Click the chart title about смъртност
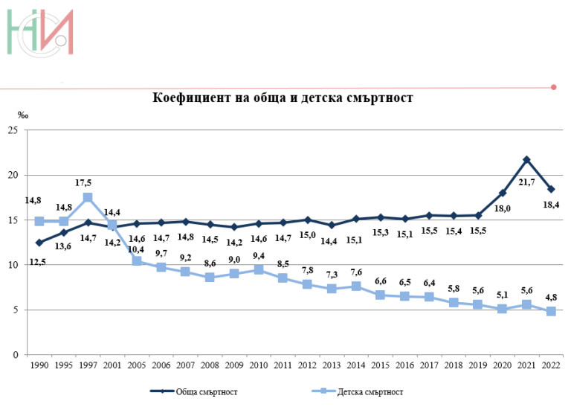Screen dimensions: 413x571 pyautogui.click(x=283, y=98)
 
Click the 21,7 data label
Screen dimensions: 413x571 pyautogui.click(x=527, y=182)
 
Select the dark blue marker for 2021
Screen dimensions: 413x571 pyautogui.click(x=526, y=159)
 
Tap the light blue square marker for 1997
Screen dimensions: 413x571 pyautogui.click(x=88, y=197)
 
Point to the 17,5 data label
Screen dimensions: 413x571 pyautogui.click(x=83, y=182)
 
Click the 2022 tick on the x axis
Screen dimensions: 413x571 pyautogui.click(x=551, y=366)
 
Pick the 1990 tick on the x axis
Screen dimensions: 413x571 pyautogui.click(x=39, y=366)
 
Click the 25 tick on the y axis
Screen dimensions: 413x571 pyautogui.click(x=13, y=130)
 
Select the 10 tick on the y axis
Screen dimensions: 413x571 pyautogui.click(x=13, y=265)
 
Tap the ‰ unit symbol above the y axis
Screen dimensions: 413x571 pyautogui.click(x=23, y=115)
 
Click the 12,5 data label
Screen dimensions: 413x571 pyautogui.click(x=37, y=261)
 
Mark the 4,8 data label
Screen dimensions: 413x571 pyautogui.click(x=551, y=296)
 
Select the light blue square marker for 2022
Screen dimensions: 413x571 pyautogui.click(x=551, y=311)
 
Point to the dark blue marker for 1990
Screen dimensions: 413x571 pyautogui.click(x=39, y=243)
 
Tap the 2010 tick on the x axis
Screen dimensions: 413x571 pyautogui.click(x=258, y=366)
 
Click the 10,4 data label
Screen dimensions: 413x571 pyautogui.click(x=136, y=249)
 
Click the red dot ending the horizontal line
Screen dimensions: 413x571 pyautogui.click(x=553, y=87)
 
